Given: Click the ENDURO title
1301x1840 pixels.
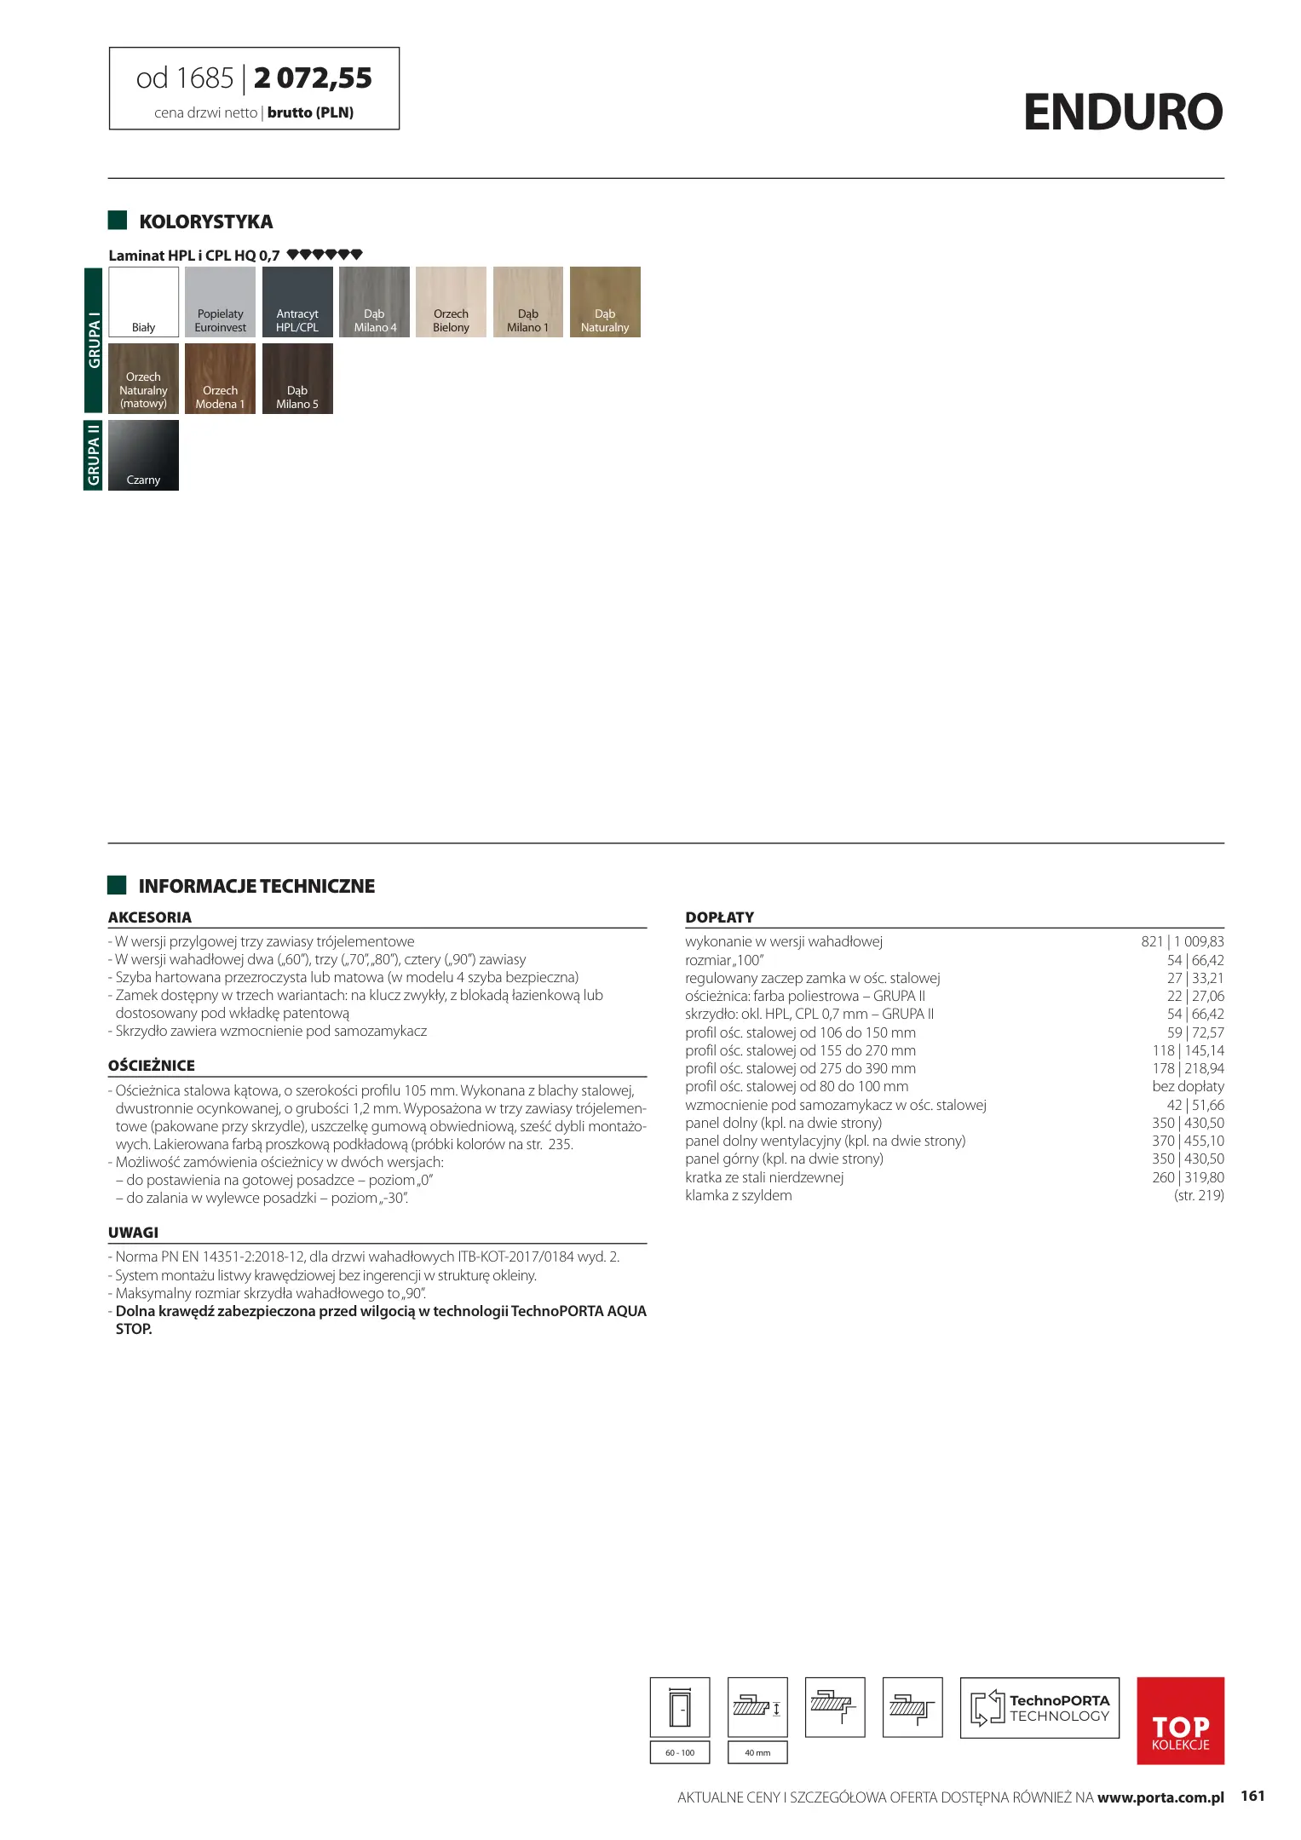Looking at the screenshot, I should pyautogui.click(x=1122, y=112).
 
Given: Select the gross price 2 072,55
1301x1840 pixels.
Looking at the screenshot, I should pyautogui.click(x=313, y=78).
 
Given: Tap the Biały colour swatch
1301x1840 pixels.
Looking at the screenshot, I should pyautogui.click(x=143, y=302).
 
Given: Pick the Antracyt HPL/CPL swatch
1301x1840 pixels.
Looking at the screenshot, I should pyautogui.click(x=297, y=302).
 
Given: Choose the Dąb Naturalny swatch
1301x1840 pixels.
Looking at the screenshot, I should pyautogui.click(x=605, y=302).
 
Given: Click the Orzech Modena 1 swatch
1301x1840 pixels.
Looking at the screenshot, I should pyautogui.click(x=220, y=378).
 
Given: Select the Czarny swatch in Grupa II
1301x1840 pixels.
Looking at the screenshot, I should pyautogui.click(x=143, y=455).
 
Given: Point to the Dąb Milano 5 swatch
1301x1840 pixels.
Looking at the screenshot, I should pyautogui.click(x=297, y=378).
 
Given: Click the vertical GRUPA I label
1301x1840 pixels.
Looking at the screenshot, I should pyautogui.click(x=93, y=340).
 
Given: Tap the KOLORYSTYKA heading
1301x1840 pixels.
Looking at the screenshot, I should pyautogui.click(x=205, y=221).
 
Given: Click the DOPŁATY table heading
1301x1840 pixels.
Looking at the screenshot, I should pyautogui.click(x=719, y=917).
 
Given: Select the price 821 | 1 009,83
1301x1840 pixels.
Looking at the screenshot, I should pyautogui.click(x=1182, y=941).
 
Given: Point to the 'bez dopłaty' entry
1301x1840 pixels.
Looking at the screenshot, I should pyautogui.click(x=1188, y=1086).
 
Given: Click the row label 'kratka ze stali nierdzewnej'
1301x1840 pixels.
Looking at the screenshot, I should pyautogui.click(x=764, y=1177).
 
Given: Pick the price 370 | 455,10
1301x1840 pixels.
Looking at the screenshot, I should pyautogui.click(x=1188, y=1141).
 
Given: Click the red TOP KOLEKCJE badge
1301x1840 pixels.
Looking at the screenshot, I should pyautogui.click(x=1180, y=1720).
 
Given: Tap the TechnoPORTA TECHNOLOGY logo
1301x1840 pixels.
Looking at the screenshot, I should pyautogui.click(x=1039, y=1707).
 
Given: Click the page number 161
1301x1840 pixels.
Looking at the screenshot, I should pyautogui.click(x=1252, y=1796).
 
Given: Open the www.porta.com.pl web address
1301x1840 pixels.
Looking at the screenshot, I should pyautogui.click(x=1160, y=1797).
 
